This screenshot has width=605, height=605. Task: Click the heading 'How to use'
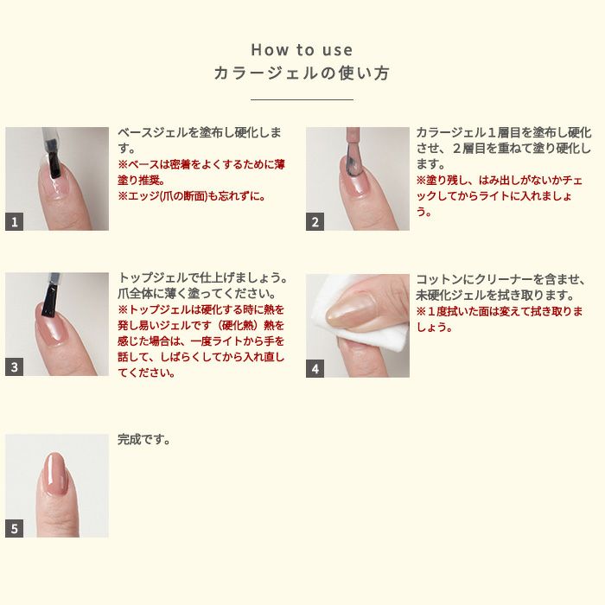pos(302,50)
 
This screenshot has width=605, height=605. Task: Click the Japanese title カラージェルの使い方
pos(302,73)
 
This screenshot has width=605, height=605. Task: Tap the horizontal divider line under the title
pos(302,99)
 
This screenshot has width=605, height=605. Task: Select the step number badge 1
pos(15,221)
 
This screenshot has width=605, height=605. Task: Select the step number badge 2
pos(315,221)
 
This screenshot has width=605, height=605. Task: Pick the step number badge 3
pos(15,366)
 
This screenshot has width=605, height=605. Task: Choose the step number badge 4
pos(315,368)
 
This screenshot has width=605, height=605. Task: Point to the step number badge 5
pos(15,528)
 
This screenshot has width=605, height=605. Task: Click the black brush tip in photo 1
pos(55,165)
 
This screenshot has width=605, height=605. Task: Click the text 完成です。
pos(144,439)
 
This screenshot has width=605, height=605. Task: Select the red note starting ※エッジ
pos(192,196)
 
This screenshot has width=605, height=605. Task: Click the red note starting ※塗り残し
pos(500,196)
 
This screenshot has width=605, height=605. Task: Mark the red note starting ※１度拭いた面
pos(500,320)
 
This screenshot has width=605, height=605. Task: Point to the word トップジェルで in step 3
pos(158,277)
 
